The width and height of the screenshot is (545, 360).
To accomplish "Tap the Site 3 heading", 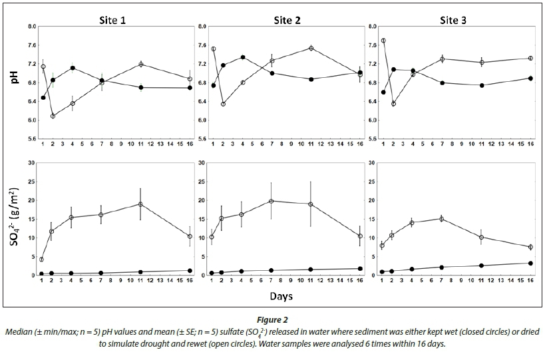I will tap(454, 20).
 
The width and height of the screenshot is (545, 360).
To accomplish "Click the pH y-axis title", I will tap(15, 83).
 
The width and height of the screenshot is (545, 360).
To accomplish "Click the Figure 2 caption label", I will tap(273, 319).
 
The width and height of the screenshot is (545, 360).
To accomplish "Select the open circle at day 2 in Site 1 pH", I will tap(53, 116).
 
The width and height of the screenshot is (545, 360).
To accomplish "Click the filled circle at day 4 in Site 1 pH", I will tap(72, 68).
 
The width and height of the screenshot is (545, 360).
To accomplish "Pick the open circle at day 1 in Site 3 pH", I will tap(383, 41).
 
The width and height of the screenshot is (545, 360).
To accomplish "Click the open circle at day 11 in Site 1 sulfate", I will tap(140, 204).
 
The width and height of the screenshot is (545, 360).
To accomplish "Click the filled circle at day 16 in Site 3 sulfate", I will tap(530, 263).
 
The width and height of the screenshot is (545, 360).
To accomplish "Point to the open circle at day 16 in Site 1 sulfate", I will tap(190, 236).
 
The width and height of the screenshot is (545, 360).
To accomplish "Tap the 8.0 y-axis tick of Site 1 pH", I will tap(31, 27).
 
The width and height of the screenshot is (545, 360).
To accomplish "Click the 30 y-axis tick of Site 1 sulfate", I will tap(31, 163).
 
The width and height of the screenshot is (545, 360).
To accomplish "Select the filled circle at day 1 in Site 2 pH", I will tap(213, 85).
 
